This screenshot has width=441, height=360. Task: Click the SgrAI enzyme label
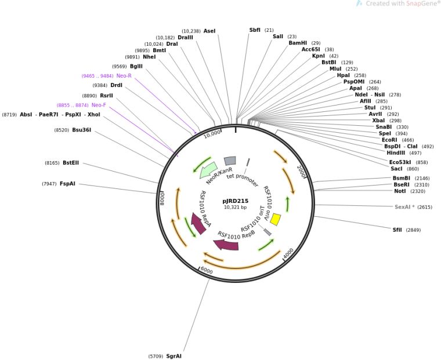173,356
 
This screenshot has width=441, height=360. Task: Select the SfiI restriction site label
397,230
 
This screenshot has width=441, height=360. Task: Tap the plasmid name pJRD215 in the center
235,201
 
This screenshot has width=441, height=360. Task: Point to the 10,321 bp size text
235,208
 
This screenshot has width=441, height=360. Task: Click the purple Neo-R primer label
124,76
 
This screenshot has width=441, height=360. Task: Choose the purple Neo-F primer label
99,105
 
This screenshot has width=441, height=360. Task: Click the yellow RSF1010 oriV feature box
276,220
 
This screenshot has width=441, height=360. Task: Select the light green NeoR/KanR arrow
208,170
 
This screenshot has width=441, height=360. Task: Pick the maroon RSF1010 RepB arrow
227,245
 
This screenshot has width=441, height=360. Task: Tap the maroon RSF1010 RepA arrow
198,223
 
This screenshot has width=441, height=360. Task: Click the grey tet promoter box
230,161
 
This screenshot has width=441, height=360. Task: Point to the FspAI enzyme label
67,184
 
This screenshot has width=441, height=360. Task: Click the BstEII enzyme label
71,163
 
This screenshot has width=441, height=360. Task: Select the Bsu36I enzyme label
81,130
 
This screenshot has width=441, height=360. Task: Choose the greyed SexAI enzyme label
404,207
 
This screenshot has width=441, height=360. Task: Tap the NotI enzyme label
400,191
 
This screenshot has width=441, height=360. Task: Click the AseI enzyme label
209,31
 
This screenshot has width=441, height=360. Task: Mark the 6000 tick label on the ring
207,271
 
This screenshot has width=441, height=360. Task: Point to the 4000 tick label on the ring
288,254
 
